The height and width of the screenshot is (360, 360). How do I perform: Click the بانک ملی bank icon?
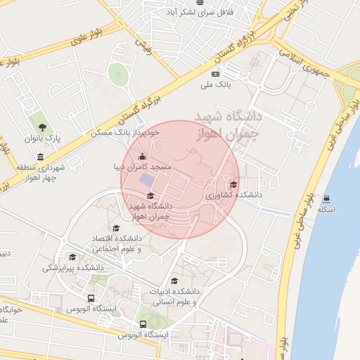215,74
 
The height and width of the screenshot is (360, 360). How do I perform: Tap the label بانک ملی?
216,85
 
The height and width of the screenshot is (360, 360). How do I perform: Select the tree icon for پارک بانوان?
44,127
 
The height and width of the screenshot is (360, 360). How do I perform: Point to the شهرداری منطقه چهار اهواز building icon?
40,156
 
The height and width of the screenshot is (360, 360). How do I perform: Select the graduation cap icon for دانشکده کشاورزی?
233,184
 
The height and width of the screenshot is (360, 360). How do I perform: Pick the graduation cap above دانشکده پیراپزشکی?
72,257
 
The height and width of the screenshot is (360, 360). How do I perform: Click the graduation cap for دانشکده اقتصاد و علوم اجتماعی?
116,228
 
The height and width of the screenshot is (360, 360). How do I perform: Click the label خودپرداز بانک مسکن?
126,131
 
